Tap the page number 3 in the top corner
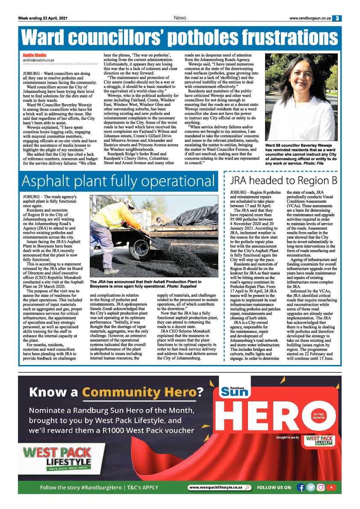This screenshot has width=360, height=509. click(337, 18)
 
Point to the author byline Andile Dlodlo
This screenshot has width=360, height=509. click(35, 56)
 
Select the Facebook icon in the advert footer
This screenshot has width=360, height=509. click(301, 487)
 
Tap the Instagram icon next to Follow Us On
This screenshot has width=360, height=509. click(321, 487)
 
